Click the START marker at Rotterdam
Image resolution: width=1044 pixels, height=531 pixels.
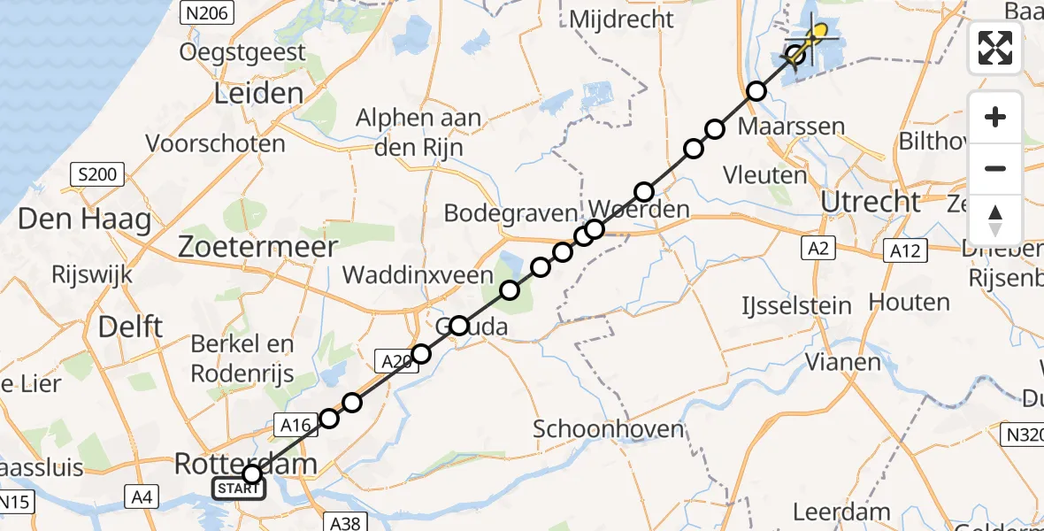[238, 489]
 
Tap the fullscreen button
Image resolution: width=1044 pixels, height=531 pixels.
[995, 48]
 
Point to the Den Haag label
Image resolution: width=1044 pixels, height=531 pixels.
[85, 219]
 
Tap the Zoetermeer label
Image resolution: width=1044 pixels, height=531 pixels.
[257, 246]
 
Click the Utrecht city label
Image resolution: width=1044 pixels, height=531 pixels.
[871, 202]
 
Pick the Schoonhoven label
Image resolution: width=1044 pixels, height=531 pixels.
[609, 430]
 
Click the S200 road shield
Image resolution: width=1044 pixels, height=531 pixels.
[96, 174]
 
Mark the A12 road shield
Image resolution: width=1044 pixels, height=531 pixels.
[904, 251]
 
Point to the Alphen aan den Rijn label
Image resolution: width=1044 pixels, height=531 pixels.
[418, 132]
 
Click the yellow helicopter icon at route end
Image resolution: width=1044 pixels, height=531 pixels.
[816, 35]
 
